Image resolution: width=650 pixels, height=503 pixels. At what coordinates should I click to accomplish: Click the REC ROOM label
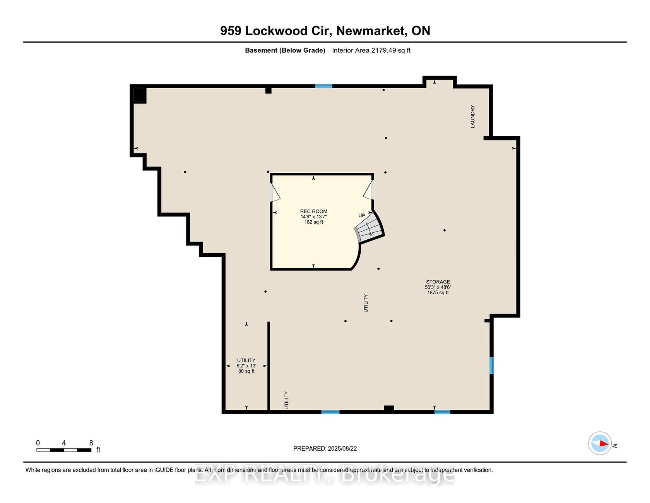point(314,211)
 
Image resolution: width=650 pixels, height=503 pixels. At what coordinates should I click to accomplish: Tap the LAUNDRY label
point(472,116)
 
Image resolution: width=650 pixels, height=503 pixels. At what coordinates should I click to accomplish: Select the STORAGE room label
point(438,282)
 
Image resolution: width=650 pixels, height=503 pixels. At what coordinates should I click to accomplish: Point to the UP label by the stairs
point(362,216)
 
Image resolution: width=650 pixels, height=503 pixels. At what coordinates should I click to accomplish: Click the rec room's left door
point(274,192)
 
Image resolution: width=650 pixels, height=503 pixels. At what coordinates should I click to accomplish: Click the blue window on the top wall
point(323,86)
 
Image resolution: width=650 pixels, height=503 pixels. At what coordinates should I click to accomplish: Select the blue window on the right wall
point(491,365)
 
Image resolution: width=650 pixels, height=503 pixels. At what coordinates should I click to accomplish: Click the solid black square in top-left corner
point(139,94)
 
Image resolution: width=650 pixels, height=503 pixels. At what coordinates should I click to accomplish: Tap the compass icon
point(600,443)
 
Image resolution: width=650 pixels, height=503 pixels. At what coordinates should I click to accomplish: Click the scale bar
point(64,450)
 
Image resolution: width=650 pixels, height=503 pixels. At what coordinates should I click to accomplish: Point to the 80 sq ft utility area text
point(246,371)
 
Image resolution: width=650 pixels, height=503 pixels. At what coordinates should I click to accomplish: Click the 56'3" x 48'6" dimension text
point(438,287)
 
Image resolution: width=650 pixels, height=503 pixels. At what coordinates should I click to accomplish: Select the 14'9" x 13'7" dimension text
point(314,217)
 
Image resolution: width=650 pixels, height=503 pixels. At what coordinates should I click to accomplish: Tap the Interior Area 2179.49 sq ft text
point(371,50)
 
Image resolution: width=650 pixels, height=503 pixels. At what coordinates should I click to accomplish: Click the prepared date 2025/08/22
point(342,448)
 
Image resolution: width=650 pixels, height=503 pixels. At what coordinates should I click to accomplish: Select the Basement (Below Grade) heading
point(285,50)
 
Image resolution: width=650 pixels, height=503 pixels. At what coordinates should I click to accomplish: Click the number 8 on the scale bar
point(91,443)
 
